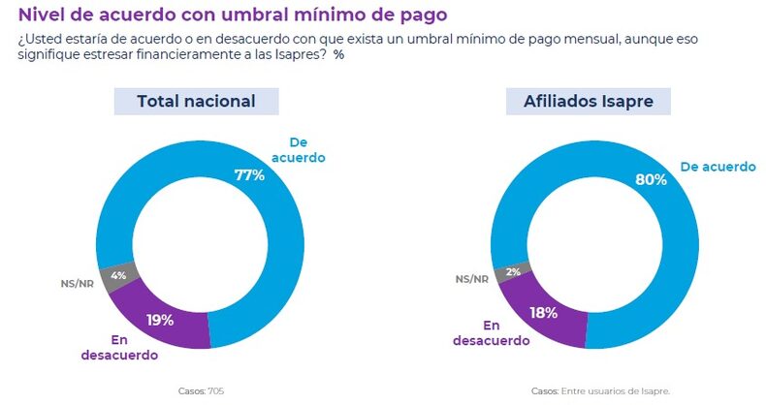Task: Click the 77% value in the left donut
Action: click(249, 175)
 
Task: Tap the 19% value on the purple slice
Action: click(160, 320)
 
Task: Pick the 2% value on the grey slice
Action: click(513, 272)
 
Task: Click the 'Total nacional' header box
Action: click(196, 102)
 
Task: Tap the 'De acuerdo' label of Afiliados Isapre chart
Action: click(718, 167)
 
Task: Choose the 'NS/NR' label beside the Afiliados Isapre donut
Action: click(472, 279)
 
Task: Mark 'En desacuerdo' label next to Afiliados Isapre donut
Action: click(491, 332)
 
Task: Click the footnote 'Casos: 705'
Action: click(201, 391)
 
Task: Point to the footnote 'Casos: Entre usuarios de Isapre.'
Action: click(600, 391)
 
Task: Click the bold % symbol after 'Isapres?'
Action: click(338, 55)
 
